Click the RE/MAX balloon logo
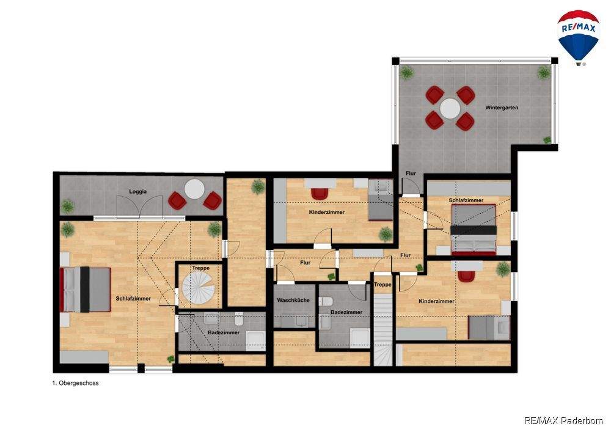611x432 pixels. [x=578, y=38]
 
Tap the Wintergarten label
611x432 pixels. [x=502, y=108]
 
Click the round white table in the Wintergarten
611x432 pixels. [x=450, y=108]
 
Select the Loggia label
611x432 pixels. [x=138, y=192]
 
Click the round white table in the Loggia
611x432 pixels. [x=194, y=189]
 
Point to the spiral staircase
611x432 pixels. [x=199, y=287]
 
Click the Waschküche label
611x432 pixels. [x=293, y=301]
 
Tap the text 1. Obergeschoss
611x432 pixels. [x=75, y=383]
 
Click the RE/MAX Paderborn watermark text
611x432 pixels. [x=563, y=420]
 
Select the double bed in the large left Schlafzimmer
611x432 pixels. [x=85, y=290]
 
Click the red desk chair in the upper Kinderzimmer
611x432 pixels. [x=320, y=193]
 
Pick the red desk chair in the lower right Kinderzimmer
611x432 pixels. [x=466, y=276]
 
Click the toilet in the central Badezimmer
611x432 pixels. [x=326, y=301]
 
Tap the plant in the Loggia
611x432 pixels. [x=67, y=206]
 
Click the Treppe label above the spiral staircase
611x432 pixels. [x=200, y=268]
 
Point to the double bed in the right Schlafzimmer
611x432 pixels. [x=474, y=229]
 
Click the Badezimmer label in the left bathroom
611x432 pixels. [x=224, y=332]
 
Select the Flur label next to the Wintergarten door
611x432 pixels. [x=411, y=174]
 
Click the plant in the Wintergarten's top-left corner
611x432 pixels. [x=406, y=73]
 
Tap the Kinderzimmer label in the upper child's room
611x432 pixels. [x=326, y=212]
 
